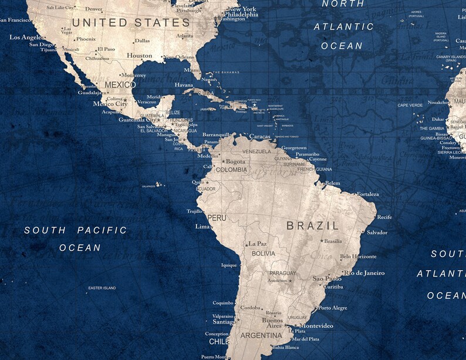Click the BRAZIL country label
click(312, 226)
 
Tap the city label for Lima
click(202, 226)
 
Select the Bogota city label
click(235, 162)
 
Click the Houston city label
click(140, 56)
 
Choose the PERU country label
click(217, 217)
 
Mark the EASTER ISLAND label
click(102, 288)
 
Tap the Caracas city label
click(259, 136)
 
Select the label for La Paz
click(257, 244)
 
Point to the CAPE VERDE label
click(410, 105)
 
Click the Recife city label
click(384, 217)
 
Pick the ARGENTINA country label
click(262, 336)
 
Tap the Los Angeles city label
click(26, 37)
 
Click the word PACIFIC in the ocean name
click(102, 230)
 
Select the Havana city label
click(184, 85)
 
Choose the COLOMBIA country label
click(231, 170)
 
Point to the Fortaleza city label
click(367, 194)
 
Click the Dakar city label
click(438, 119)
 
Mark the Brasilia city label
click(333, 241)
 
